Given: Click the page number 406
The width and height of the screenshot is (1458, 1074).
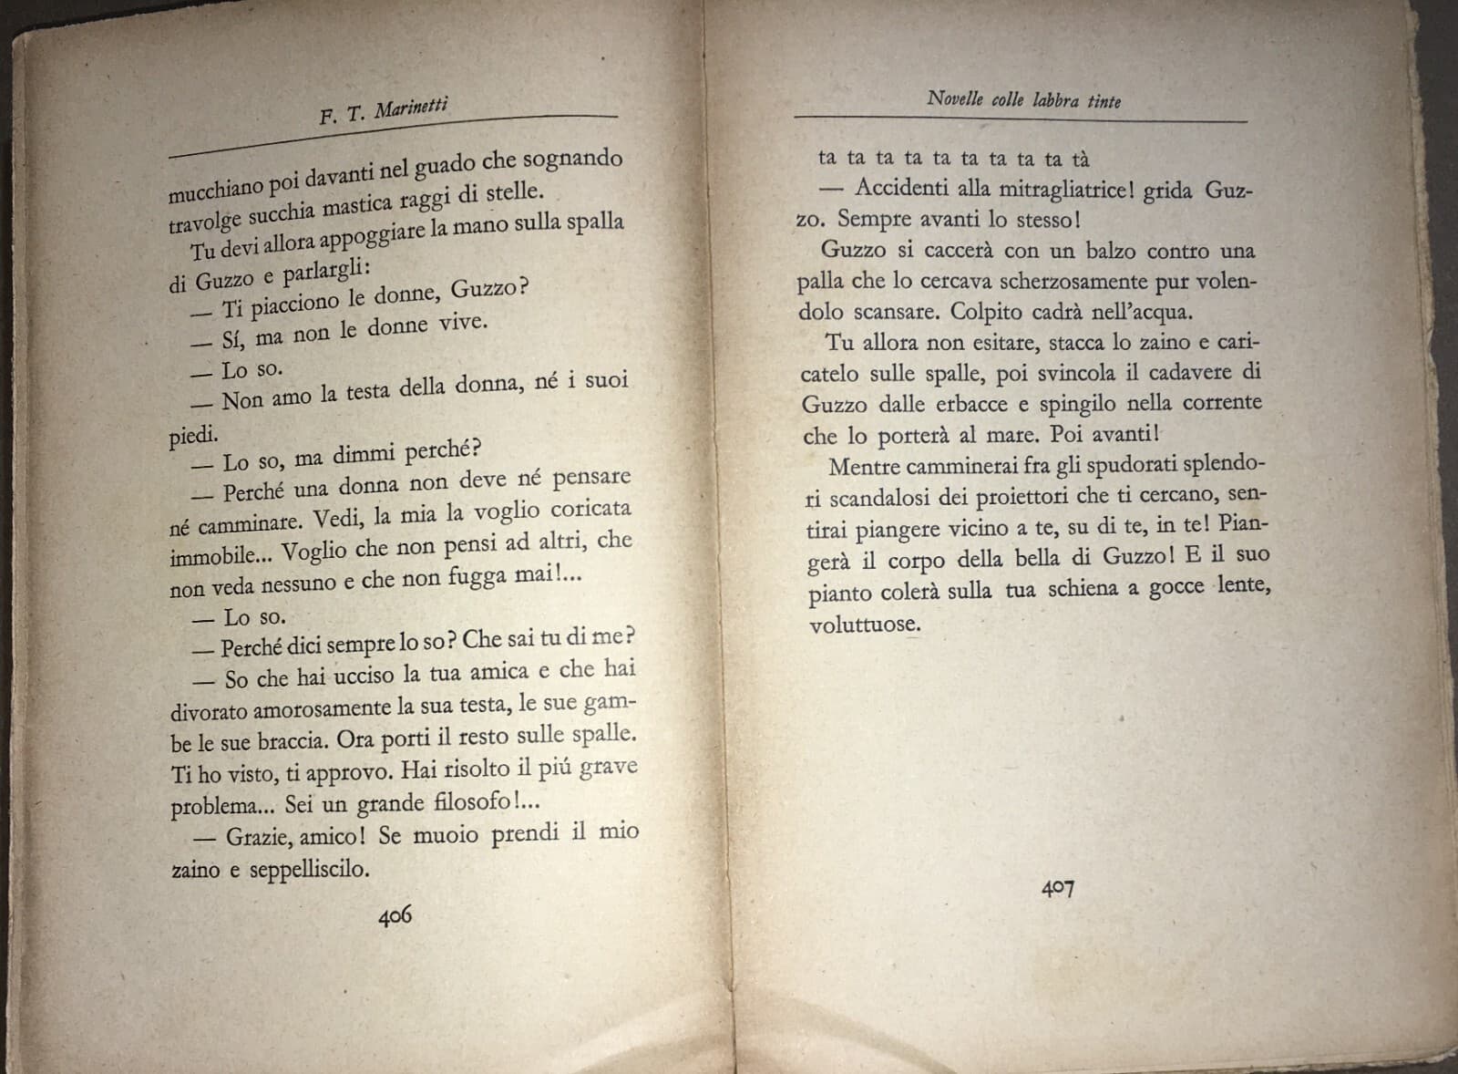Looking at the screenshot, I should pyautogui.click(x=395, y=915).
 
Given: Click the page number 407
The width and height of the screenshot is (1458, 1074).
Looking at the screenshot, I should pyautogui.click(x=1058, y=887).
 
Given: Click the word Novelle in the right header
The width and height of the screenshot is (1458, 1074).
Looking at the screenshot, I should pyautogui.click(x=955, y=98).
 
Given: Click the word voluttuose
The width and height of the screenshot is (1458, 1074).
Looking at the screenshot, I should pyautogui.click(x=865, y=625).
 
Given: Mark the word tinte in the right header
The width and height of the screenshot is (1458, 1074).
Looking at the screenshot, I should pyautogui.click(x=1104, y=101).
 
